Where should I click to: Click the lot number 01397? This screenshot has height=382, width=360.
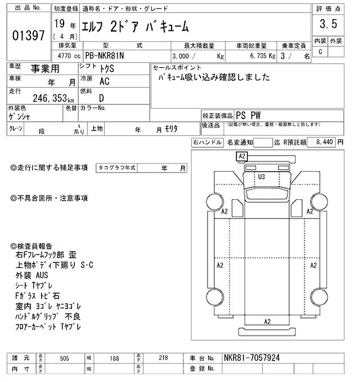28,36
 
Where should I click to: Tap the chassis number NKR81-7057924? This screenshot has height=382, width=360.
251,357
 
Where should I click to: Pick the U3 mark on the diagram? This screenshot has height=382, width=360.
262,177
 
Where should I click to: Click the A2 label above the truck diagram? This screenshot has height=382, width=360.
242,156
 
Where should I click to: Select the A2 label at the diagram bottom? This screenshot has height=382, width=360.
268,321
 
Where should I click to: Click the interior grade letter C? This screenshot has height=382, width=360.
321,52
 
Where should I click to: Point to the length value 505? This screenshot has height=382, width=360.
65,358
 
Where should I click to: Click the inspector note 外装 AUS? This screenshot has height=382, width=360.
32,275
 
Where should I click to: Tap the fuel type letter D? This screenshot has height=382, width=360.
101,97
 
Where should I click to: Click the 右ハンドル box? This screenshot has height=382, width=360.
206,143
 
